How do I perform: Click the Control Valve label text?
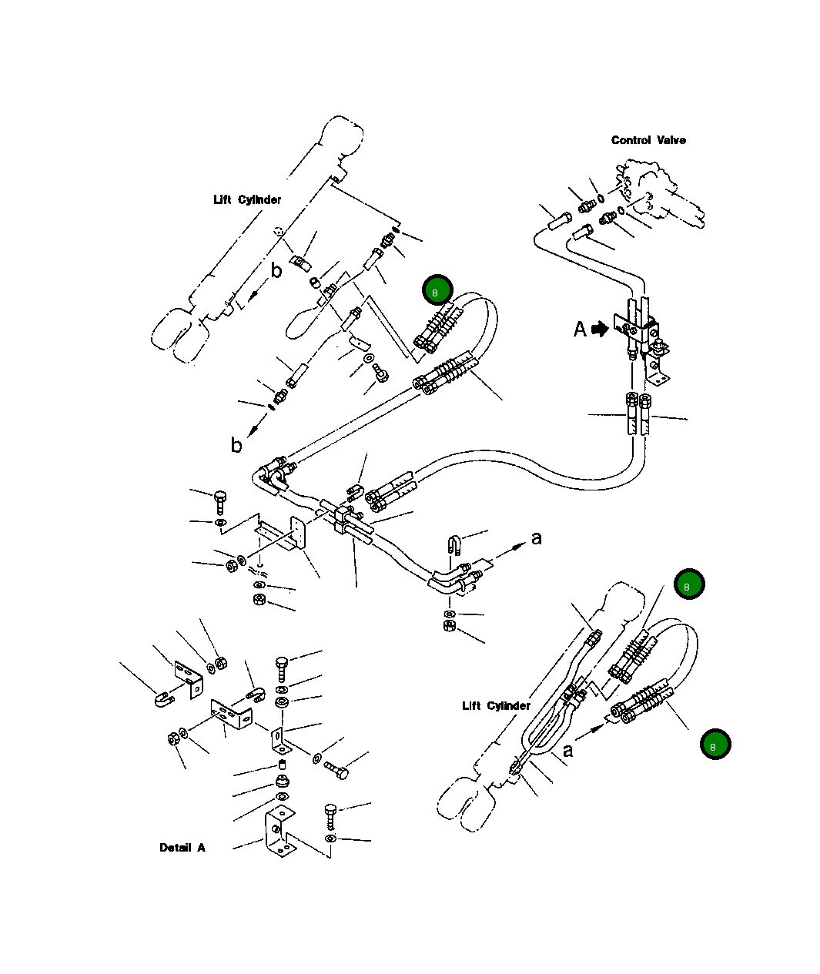click(648, 140)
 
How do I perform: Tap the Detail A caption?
click(182, 848)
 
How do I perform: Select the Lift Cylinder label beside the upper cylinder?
click(247, 200)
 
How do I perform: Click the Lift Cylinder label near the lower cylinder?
click(496, 706)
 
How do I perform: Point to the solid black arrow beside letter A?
click(600, 330)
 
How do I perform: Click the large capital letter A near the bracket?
click(581, 330)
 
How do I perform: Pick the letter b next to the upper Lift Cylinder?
click(276, 270)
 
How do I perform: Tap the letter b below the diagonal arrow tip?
click(236, 445)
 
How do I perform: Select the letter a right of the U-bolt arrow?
click(537, 537)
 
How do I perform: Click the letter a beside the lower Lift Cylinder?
click(567, 750)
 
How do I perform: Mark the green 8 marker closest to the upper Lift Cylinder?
click(437, 292)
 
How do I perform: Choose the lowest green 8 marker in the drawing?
click(715, 745)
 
